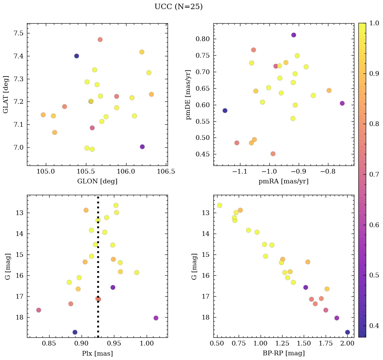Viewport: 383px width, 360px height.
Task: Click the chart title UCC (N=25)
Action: point(178,7)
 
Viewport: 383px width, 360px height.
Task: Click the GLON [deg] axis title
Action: point(97,181)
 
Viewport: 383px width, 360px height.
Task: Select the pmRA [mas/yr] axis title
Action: point(283,181)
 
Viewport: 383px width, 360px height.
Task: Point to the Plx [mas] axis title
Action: point(97,353)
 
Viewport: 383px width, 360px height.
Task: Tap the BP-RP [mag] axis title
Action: point(283,353)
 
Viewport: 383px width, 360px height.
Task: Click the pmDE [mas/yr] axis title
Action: point(188,94)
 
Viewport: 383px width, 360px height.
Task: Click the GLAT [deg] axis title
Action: point(6,94)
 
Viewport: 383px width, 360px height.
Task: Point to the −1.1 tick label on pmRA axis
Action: point(239,171)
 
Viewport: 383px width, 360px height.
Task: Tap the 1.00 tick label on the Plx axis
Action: point(147,343)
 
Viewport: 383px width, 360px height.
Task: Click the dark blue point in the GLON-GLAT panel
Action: point(77,56)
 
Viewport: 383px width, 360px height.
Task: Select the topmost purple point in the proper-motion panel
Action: point(294,35)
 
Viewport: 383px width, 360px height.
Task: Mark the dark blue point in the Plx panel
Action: point(75,332)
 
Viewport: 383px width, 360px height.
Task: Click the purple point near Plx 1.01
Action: point(156,318)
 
